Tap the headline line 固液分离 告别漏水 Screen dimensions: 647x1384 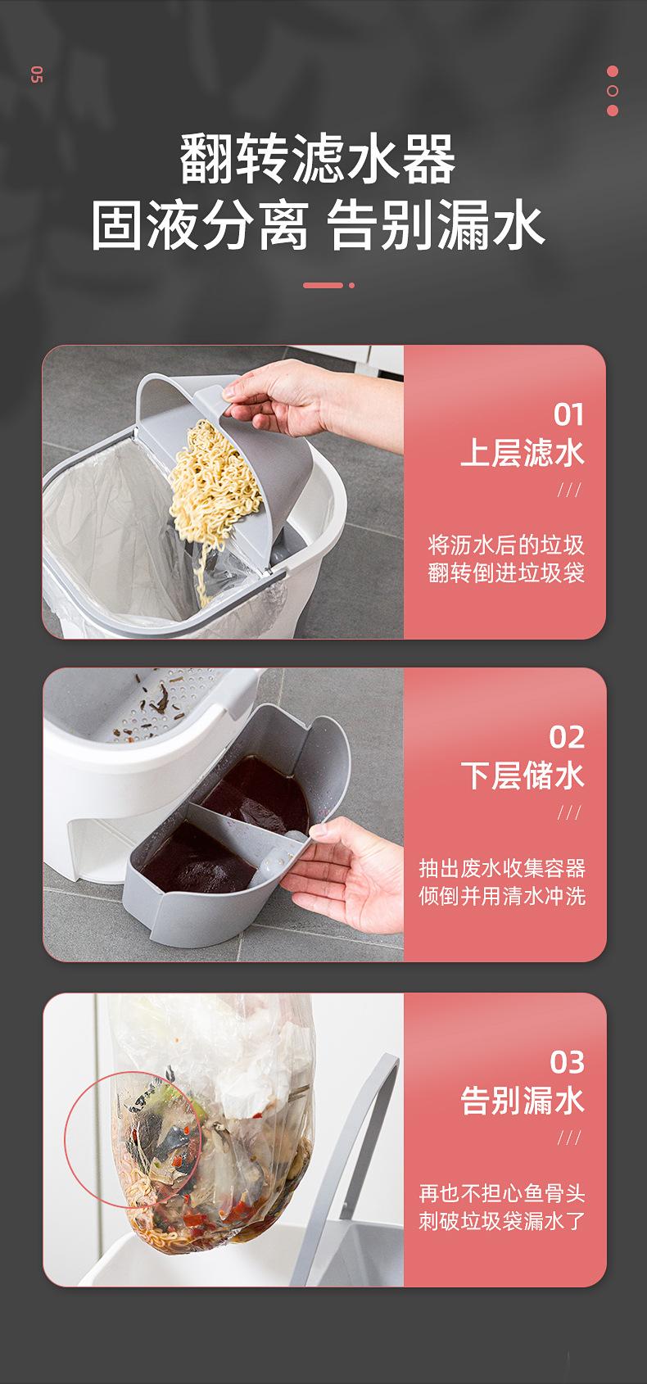[x=318, y=226]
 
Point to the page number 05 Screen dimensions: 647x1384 [x=37, y=75]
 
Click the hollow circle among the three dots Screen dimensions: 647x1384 [x=613, y=91]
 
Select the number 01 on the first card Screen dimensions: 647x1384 [x=568, y=414]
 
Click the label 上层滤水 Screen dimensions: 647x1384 [x=523, y=453]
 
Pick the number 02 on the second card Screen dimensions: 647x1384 [x=567, y=737]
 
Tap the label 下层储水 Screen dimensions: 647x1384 [x=523, y=776]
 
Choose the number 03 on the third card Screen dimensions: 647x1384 [x=568, y=1062]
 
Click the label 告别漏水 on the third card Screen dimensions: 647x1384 [x=523, y=1101]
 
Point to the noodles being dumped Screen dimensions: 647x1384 [x=213, y=495]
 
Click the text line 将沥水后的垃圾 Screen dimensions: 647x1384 [x=506, y=545]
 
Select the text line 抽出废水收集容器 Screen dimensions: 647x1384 [x=502, y=868]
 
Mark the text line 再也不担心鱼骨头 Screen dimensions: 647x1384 [x=502, y=1193]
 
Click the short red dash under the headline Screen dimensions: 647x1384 [x=323, y=286]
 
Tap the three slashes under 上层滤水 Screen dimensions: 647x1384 [x=569, y=491]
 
